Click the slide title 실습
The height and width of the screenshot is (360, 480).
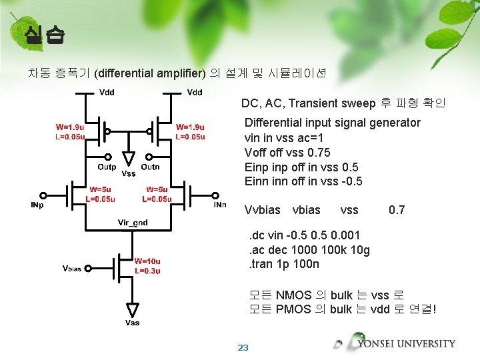(x=43, y=34)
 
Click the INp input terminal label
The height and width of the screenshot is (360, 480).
(x=37, y=205)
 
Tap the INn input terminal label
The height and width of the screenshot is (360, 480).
(x=219, y=205)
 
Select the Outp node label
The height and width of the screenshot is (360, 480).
(x=107, y=167)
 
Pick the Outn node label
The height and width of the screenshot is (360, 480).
(x=150, y=167)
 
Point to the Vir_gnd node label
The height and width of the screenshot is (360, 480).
(x=133, y=221)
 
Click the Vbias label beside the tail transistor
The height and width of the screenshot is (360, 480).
(x=71, y=269)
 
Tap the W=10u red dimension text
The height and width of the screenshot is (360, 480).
(x=149, y=261)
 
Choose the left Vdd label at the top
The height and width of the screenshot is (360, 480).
(x=107, y=92)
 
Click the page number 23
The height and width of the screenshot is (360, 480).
(x=243, y=347)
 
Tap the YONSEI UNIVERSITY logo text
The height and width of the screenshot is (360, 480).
(x=406, y=344)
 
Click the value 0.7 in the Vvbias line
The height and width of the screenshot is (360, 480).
(x=397, y=210)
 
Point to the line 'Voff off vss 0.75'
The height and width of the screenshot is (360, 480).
(x=287, y=152)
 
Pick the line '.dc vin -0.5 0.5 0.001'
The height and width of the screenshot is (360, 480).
(x=304, y=235)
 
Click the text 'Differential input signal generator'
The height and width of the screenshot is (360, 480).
(x=332, y=123)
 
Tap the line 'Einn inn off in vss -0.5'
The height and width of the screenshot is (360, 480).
(x=303, y=181)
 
